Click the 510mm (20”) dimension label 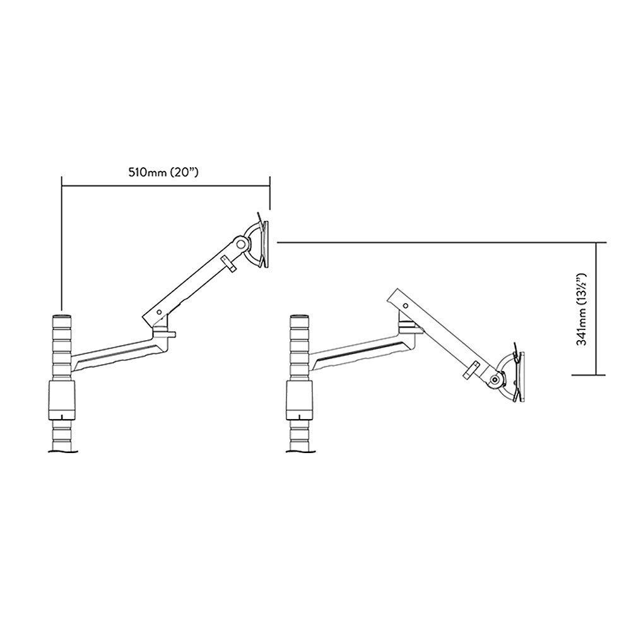[x=163, y=172]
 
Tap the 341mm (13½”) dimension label [x=582, y=309]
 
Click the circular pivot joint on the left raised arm [x=242, y=243]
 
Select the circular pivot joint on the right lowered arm [x=495, y=379]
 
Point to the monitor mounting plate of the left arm [x=265, y=243]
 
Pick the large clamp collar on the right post [x=299, y=399]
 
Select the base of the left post [x=62, y=452]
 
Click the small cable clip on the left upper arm [x=228, y=264]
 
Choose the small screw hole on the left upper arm [x=160, y=312]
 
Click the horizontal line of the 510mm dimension [x=165, y=186]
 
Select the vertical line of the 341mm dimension [x=596, y=309]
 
